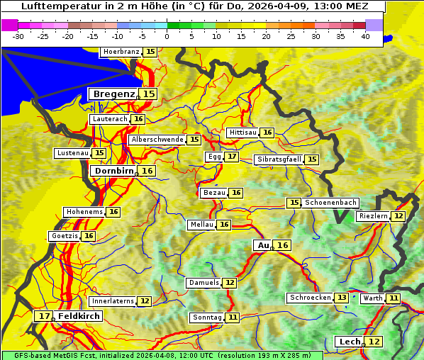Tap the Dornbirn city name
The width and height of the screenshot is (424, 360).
tap(113, 171)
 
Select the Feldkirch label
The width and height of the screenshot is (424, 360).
tap(79, 315)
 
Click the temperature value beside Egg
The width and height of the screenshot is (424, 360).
tap(232, 157)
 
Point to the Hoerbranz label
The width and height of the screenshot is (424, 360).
tap(121, 52)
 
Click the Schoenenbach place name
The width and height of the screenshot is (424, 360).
tap(330, 203)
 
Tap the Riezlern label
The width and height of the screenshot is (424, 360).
tap(373, 216)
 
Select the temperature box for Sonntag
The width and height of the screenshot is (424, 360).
tap(233, 317)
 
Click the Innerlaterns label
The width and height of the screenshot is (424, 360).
tap(113, 301)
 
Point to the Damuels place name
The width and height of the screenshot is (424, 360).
tap(203, 283)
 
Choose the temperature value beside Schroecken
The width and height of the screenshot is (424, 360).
tap(342, 298)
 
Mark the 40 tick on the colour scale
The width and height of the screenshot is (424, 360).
tap(365, 36)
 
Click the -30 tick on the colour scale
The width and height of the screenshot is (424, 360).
tap(18, 36)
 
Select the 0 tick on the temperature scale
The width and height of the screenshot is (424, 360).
tap(167, 36)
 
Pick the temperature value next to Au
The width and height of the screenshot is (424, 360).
tap(283, 245)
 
